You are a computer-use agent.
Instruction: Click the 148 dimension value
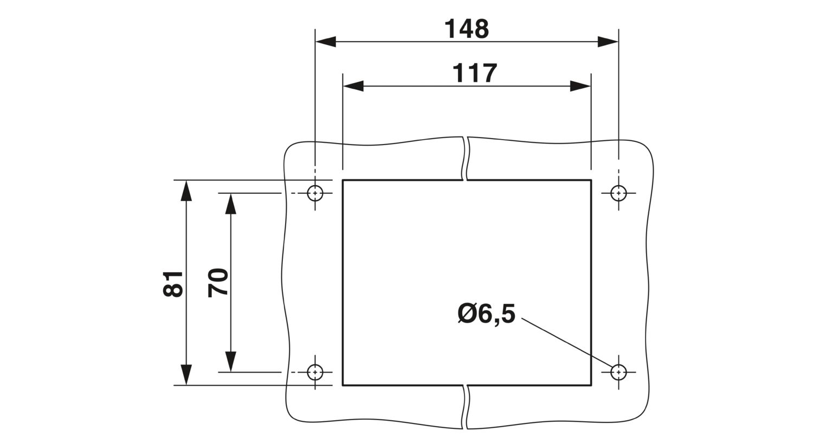467,29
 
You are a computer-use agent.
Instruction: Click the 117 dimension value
475,74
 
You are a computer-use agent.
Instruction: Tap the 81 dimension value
173,284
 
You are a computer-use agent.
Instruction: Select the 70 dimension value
218,283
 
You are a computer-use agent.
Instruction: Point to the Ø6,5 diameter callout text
486,314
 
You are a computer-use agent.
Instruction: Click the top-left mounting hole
315,193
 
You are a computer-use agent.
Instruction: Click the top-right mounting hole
618,193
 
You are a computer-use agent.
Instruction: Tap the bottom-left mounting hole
315,372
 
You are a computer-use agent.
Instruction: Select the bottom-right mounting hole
618,372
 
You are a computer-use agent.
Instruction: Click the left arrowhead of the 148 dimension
326,42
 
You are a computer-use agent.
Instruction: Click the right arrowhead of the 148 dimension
608,42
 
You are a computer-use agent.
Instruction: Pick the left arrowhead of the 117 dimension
353,86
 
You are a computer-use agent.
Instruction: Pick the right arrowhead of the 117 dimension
580,86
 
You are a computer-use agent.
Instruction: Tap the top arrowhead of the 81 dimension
186,190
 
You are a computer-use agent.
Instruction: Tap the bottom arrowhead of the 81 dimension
186,375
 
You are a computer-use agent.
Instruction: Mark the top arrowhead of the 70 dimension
230,204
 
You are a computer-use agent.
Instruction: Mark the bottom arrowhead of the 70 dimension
230,362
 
